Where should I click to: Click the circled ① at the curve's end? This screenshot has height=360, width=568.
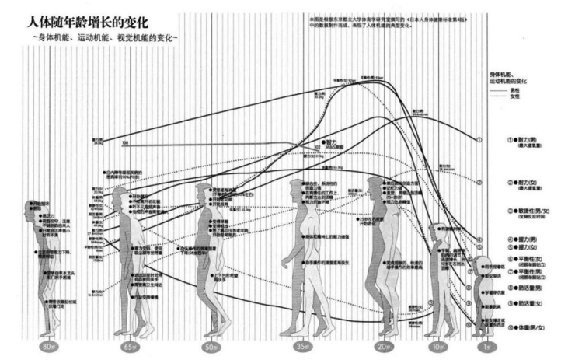(x=480, y=141)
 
